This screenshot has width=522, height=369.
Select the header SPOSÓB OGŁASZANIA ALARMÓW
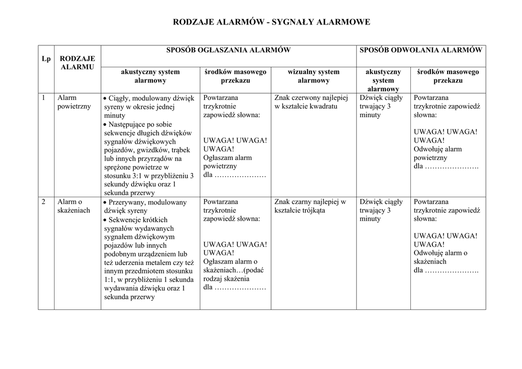(x=228, y=50)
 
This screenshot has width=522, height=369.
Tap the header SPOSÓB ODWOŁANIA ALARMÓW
(x=421, y=50)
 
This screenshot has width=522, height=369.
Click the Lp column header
(x=46, y=59)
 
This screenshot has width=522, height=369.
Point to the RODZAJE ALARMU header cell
(x=77, y=63)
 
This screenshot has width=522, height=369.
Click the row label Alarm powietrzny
(x=74, y=102)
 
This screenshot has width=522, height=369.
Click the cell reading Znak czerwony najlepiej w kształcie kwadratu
(x=310, y=102)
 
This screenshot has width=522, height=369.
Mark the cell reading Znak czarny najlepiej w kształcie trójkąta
(x=310, y=206)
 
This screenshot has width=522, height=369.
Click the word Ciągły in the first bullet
(x=119, y=98)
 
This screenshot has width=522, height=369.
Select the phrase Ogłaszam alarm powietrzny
(x=227, y=162)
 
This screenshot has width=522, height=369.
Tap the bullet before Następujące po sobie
(x=105, y=124)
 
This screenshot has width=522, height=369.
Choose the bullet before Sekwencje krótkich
(x=105, y=220)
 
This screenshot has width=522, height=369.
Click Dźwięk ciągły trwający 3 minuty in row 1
(x=381, y=106)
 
